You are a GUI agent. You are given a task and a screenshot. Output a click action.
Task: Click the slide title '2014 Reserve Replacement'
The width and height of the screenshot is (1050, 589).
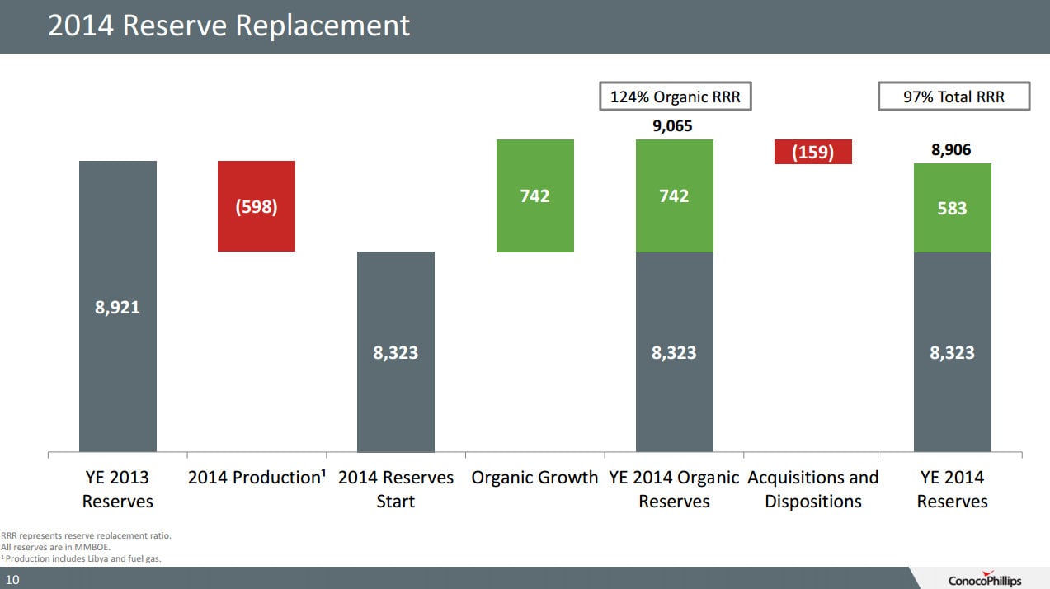point(228,26)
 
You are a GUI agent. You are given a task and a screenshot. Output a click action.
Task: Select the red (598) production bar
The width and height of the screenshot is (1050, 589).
point(257,205)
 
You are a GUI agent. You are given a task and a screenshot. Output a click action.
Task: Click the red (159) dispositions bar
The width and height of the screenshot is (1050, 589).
point(812,152)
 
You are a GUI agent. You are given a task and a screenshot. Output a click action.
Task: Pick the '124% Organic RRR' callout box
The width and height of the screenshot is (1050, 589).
point(675,97)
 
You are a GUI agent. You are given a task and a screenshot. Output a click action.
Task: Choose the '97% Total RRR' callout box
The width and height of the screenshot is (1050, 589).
point(953,97)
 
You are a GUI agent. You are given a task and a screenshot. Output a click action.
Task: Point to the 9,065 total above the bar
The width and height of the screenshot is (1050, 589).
point(674,126)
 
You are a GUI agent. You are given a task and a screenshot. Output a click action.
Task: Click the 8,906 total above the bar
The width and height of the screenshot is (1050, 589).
point(952,150)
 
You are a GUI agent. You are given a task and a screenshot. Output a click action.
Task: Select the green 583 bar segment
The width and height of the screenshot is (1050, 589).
point(952,208)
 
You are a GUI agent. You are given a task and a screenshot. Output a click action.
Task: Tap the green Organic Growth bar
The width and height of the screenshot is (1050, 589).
point(534,196)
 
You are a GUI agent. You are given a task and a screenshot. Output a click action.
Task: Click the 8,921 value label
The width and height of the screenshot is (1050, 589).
point(118,308)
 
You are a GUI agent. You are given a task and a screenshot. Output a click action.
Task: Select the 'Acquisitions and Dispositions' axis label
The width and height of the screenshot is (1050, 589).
point(813,489)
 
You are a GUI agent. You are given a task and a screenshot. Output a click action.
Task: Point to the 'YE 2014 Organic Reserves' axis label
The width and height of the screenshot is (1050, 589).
point(674,489)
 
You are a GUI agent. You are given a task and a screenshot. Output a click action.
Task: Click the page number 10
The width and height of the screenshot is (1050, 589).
point(12,580)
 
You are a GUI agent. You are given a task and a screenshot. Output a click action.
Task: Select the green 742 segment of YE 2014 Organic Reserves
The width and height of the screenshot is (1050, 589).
point(674,196)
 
